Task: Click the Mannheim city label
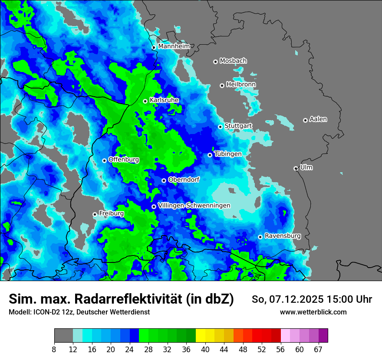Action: (x=174, y=46)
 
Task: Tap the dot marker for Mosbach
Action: (x=215, y=62)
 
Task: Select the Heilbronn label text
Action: (x=241, y=84)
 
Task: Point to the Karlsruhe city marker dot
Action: (x=145, y=101)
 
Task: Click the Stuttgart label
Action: (x=238, y=126)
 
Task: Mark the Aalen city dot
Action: (x=305, y=120)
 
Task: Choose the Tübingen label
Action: (x=228, y=154)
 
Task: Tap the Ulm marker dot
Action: (x=296, y=168)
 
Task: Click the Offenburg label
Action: (x=124, y=160)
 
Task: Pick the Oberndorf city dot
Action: (x=164, y=180)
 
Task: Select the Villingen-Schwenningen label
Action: (x=194, y=206)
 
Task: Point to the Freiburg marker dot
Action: (x=95, y=214)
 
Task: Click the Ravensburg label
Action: (x=283, y=236)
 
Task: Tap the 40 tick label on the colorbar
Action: (x=205, y=349)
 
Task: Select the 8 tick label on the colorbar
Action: (x=54, y=349)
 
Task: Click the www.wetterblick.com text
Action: (x=313, y=312)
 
